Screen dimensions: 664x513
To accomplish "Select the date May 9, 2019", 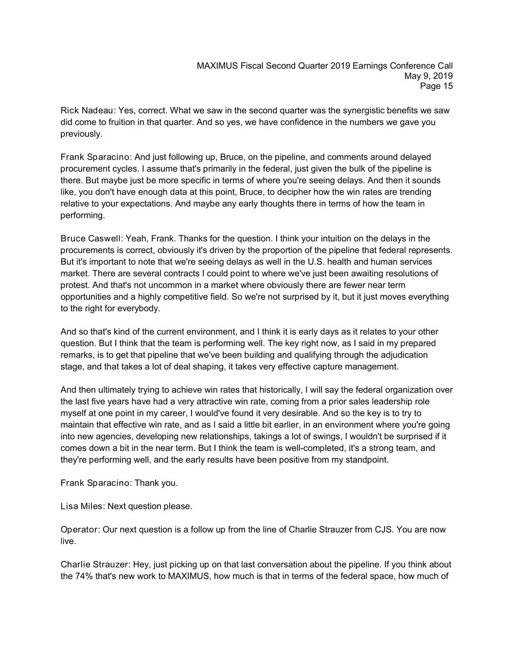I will tap(428, 76).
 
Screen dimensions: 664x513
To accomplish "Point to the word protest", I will tap(73, 285).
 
